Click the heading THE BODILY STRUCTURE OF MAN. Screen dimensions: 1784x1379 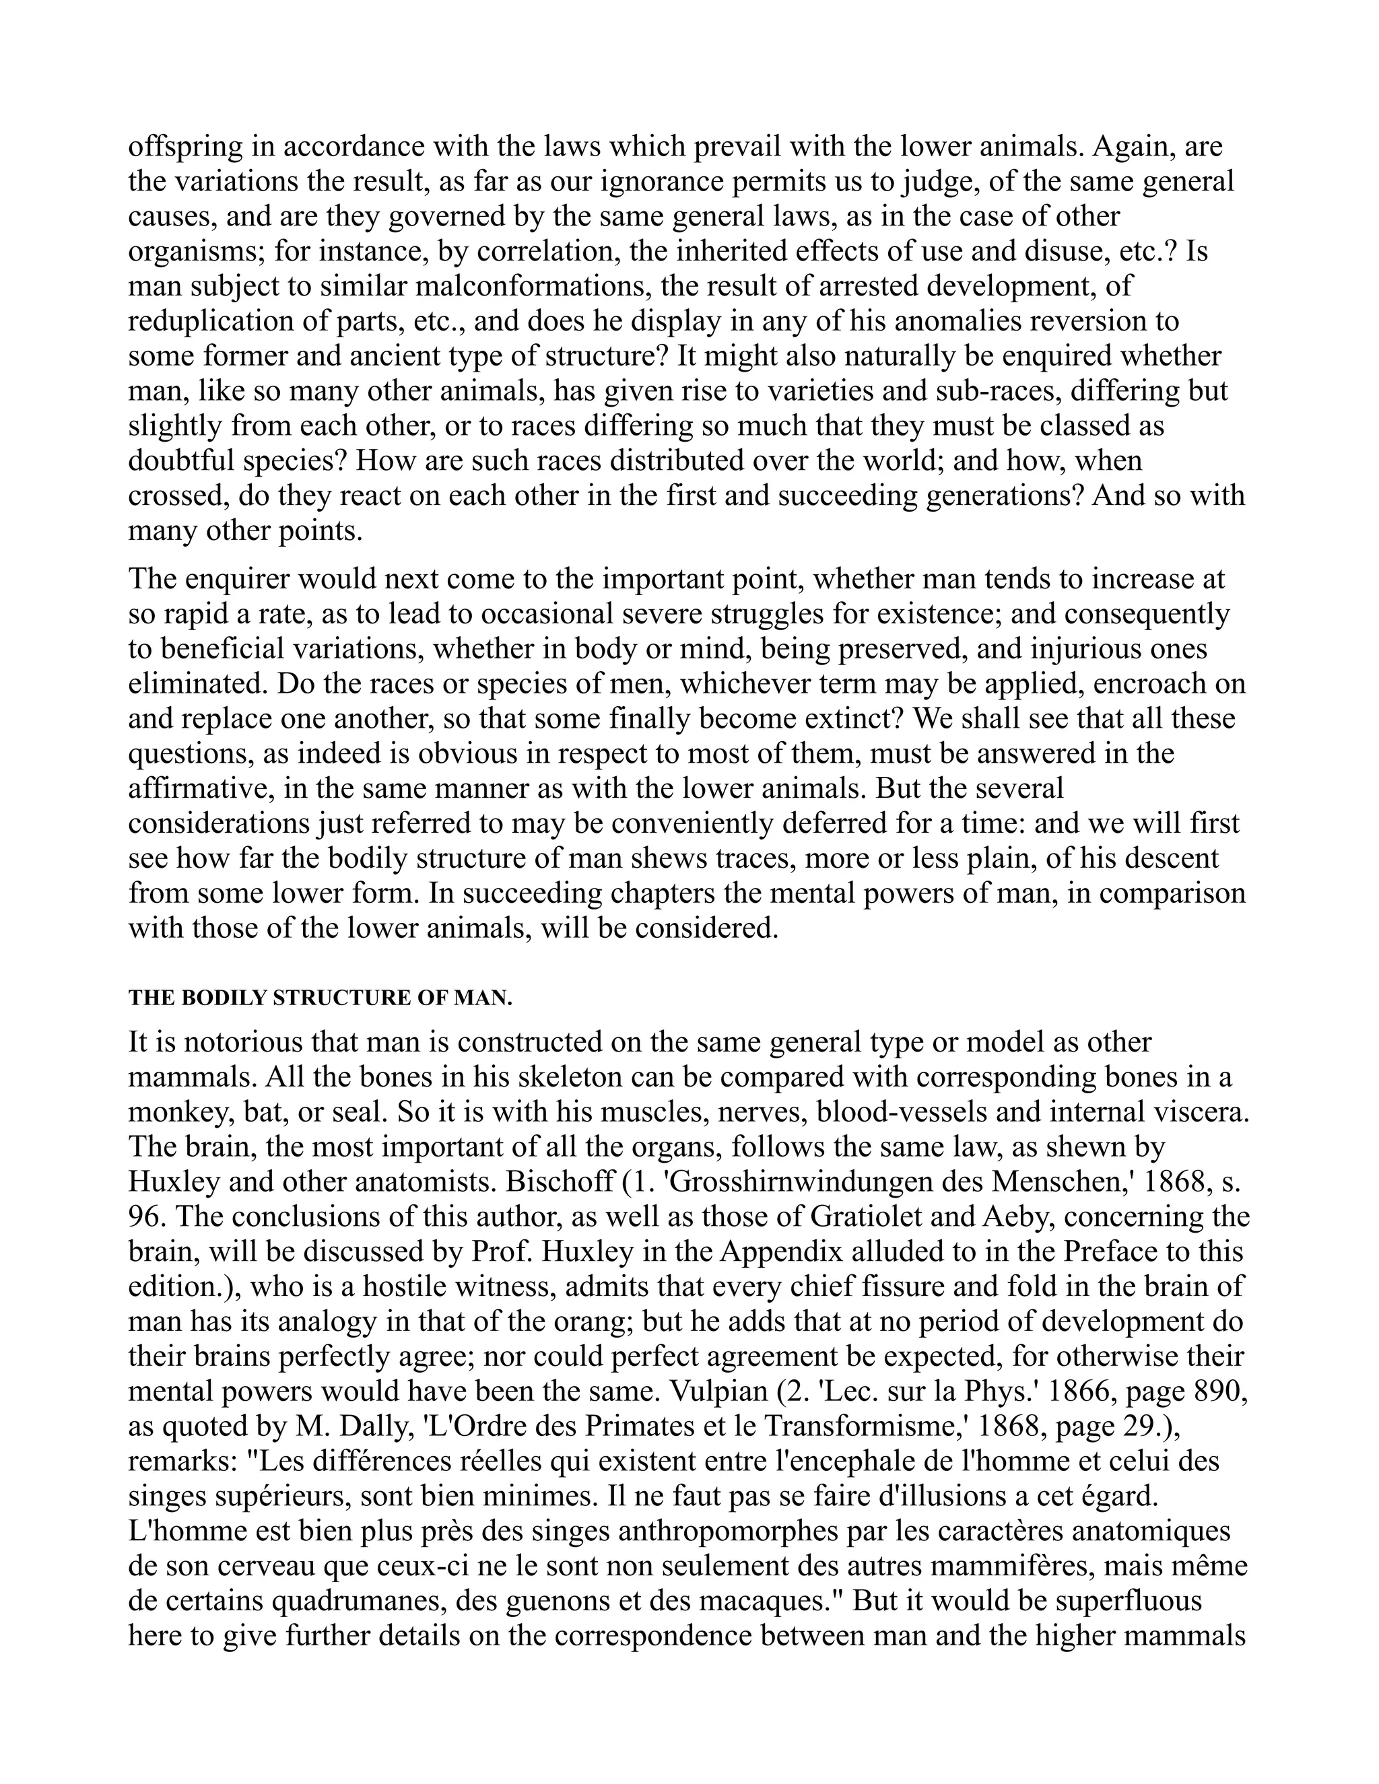click(x=321, y=998)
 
